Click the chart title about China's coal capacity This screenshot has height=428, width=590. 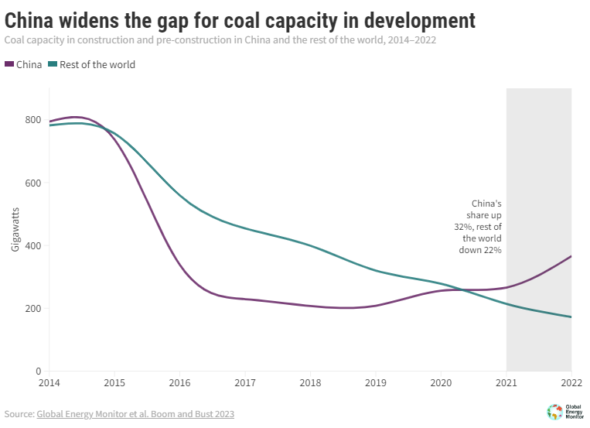[x=240, y=19]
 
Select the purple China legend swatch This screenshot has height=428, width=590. [x=9, y=64]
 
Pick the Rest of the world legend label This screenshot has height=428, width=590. [x=97, y=64]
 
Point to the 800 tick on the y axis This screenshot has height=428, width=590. [x=33, y=120]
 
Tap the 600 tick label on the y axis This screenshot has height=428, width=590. [x=33, y=183]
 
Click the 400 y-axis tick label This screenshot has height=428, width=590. [x=33, y=245]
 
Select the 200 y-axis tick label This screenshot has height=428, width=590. [x=33, y=308]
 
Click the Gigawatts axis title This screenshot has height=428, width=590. [x=15, y=231]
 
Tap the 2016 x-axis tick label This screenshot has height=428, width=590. [x=179, y=383]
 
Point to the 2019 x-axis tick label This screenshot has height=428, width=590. [x=375, y=383]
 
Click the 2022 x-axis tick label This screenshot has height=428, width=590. [x=571, y=383]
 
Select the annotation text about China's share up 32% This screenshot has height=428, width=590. [x=480, y=227]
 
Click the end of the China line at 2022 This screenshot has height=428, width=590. [x=571, y=256]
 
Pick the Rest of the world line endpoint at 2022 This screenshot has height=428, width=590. [x=571, y=317]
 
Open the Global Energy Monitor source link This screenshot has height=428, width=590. [x=135, y=414]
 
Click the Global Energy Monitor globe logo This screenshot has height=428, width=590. [x=554, y=412]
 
